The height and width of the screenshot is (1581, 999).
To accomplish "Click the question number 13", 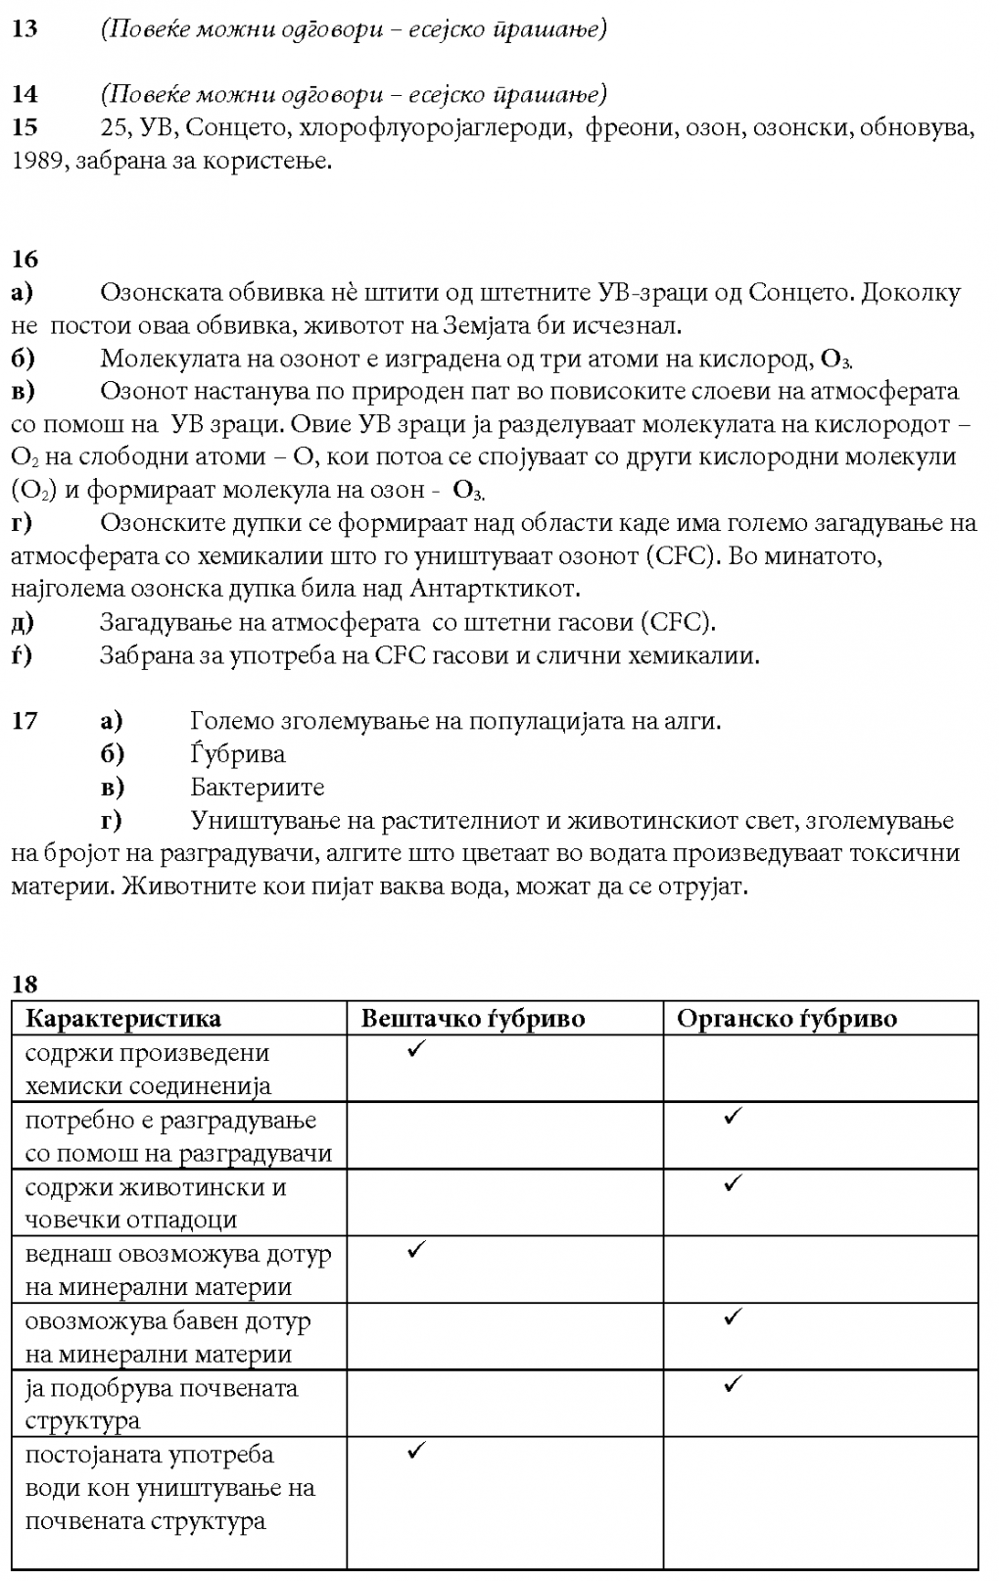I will pyautogui.click(x=24, y=29).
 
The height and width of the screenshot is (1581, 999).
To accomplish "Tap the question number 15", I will pyautogui.click(x=24, y=127).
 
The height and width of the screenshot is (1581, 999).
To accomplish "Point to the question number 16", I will pyautogui.click(x=24, y=259).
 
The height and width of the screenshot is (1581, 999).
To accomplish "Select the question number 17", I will pyautogui.click(x=24, y=721).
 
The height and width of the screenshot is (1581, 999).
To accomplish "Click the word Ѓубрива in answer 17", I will pyautogui.click(x=238, y=754).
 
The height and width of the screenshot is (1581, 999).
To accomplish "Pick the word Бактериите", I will pyautogui.click(x=257, y=788).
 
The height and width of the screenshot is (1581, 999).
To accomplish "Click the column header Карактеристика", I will pyautogui.click(x=122, y=1019).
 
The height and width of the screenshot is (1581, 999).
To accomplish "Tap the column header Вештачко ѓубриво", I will pyautogui.click(x=473, y=1019).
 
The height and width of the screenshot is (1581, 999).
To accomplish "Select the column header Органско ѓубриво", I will pyautogui.click(x=786, y=1019).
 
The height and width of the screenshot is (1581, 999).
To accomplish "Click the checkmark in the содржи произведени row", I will pyautogui.click(x=415, y=1050).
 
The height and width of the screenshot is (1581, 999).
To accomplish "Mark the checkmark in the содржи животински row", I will pyautogui.click(x=732, y=1183).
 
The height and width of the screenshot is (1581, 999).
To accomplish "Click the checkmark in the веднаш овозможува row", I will pyautogui.click(x=415, y=1250).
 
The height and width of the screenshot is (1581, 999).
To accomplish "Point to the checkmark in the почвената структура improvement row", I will pyautogui.click(x=732, y=1384).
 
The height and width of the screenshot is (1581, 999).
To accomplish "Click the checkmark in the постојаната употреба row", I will pyautogui.click(x=415, y=1451).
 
